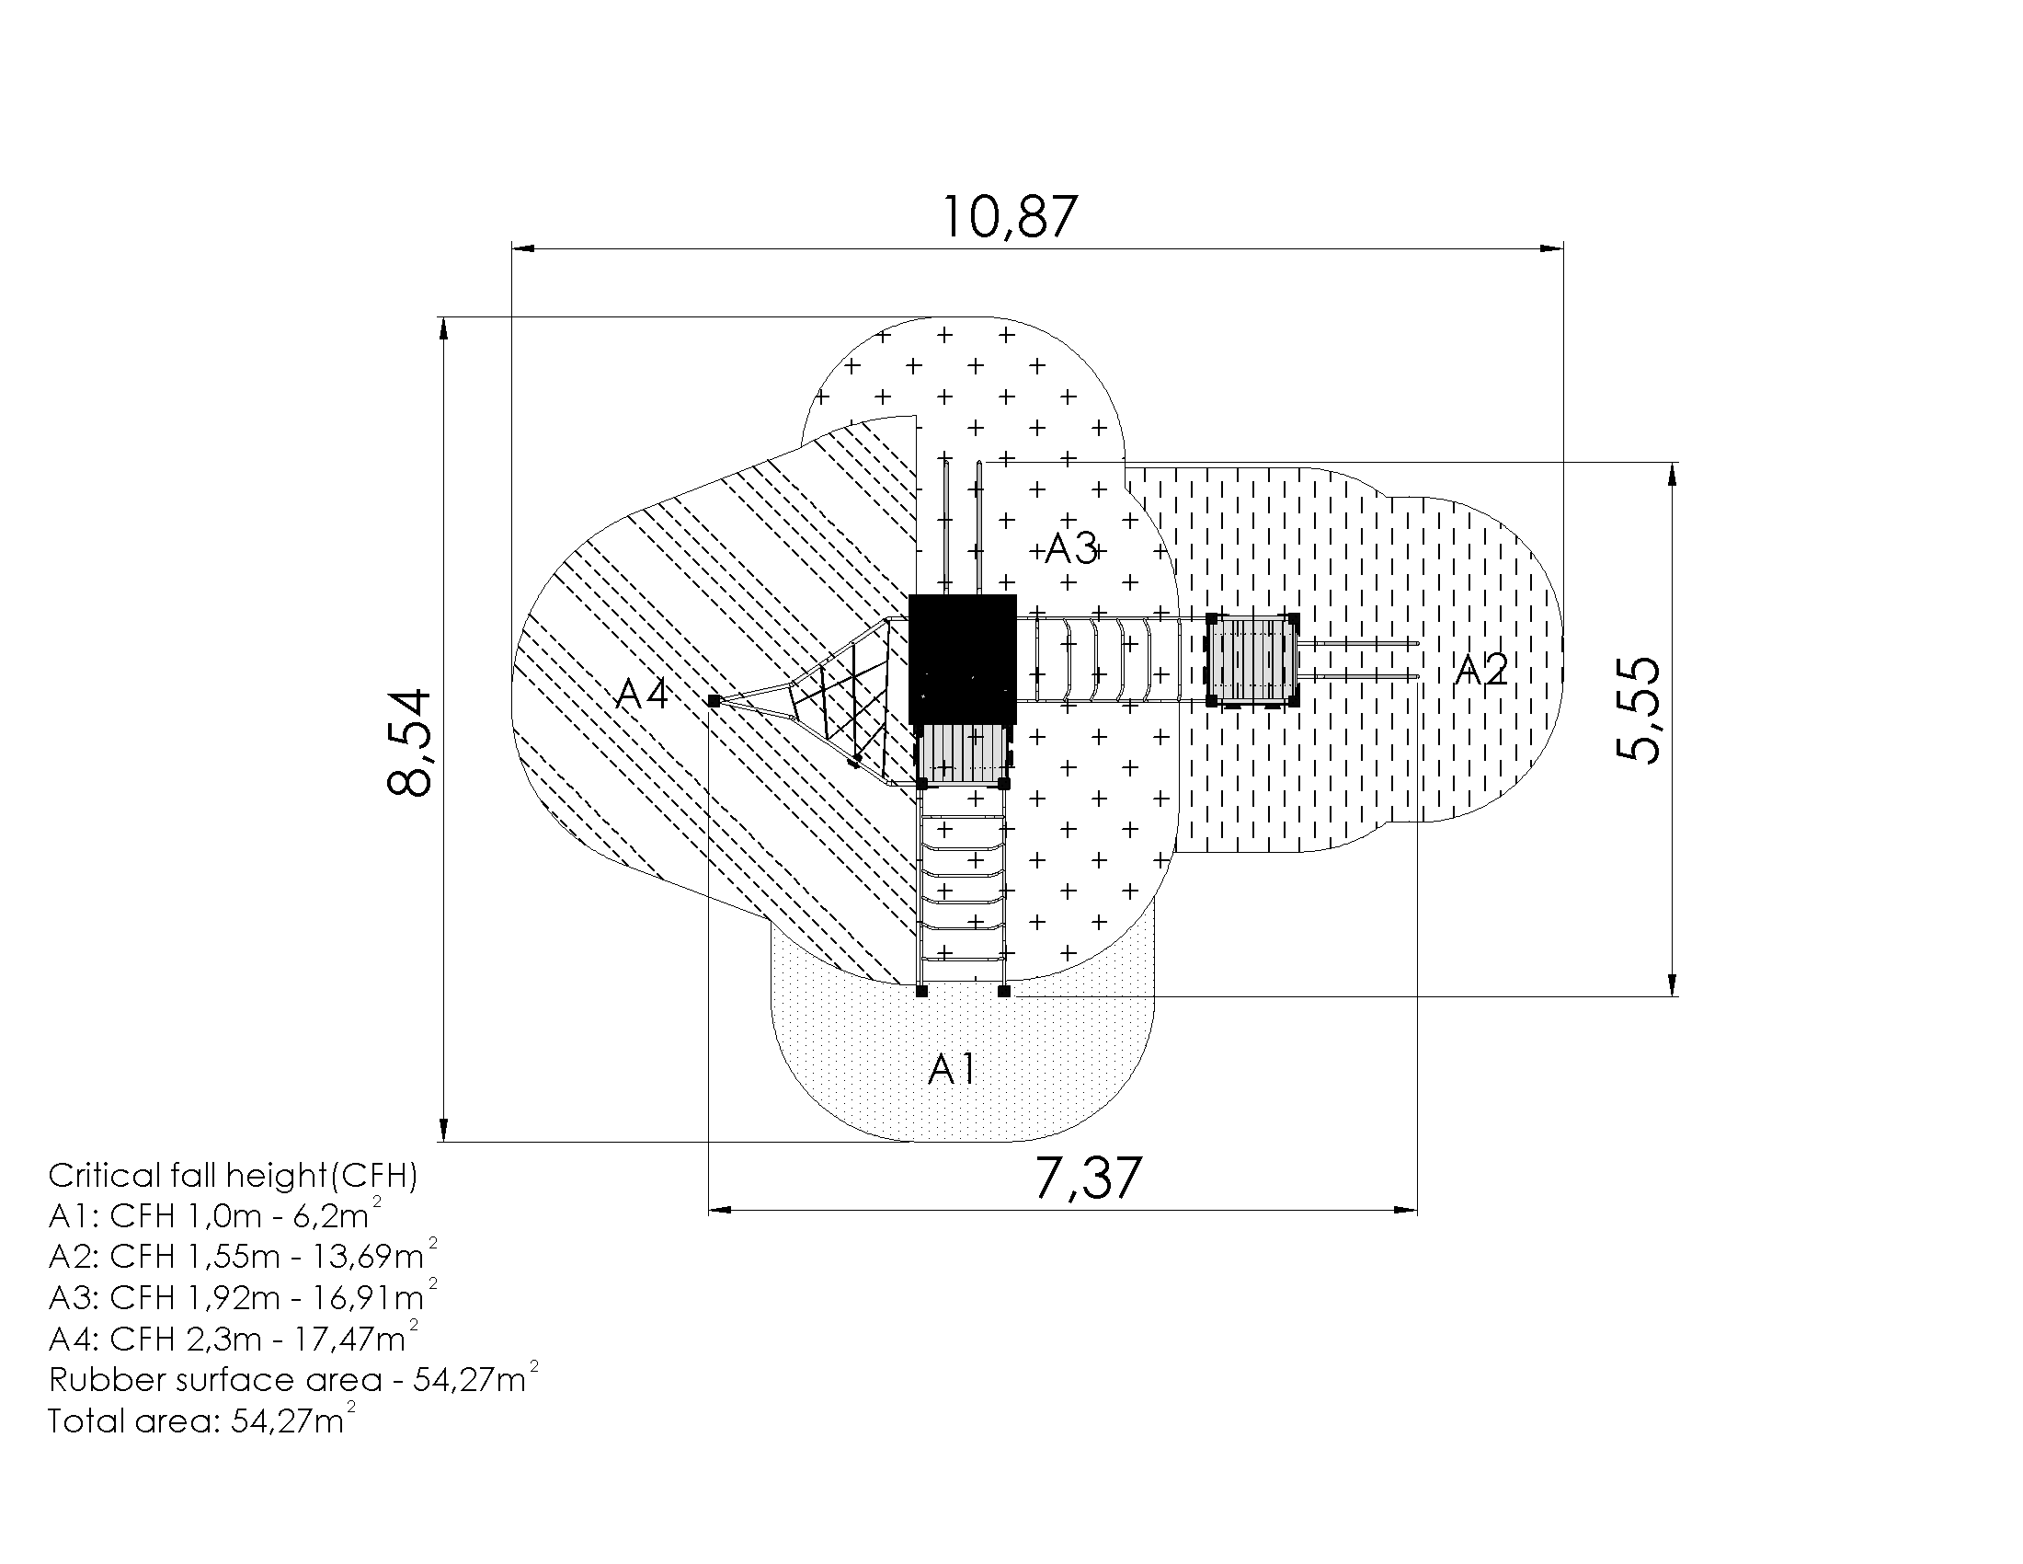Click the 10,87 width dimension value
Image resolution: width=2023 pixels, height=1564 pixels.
1010,218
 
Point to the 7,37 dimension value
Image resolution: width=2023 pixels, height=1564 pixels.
1088,1178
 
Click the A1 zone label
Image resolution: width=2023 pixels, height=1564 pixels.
953,1069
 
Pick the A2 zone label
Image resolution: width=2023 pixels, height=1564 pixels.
1480,670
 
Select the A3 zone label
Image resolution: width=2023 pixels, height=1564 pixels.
1070,549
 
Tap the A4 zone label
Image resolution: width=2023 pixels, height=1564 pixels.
643,693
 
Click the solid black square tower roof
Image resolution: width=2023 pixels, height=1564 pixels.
963,660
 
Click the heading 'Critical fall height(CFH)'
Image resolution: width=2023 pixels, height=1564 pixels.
234,1176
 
